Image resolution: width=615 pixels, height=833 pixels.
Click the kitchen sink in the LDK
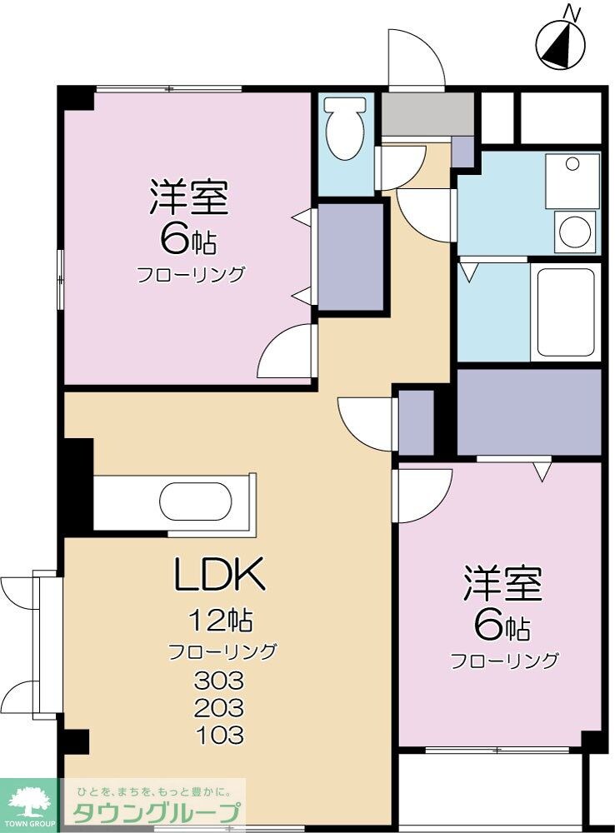pos(195,502)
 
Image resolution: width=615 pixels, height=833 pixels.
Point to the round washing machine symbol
pos(576,231)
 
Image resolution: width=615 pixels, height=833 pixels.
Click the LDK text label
pos(219,574)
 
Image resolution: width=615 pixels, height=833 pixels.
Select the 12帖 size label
pos(220,621)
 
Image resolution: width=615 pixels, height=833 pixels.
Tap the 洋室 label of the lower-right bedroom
pos(503,584)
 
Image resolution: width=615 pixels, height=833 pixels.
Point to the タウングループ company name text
pos(157,813)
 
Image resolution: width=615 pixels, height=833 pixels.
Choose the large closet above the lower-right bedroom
pos(528,412)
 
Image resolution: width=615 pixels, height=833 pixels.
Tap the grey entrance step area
pos(427,115)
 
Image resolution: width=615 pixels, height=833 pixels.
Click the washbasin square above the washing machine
pos(572,180)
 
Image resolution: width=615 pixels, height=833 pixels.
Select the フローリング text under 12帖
pos(222,651)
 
